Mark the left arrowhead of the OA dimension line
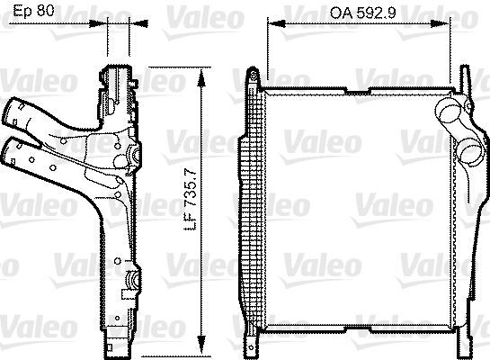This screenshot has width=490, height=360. click(x=271, y=28)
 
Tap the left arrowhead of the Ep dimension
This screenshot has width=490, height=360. click(x=107, y=28)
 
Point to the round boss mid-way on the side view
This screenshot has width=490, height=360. click(x=135, y=159)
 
